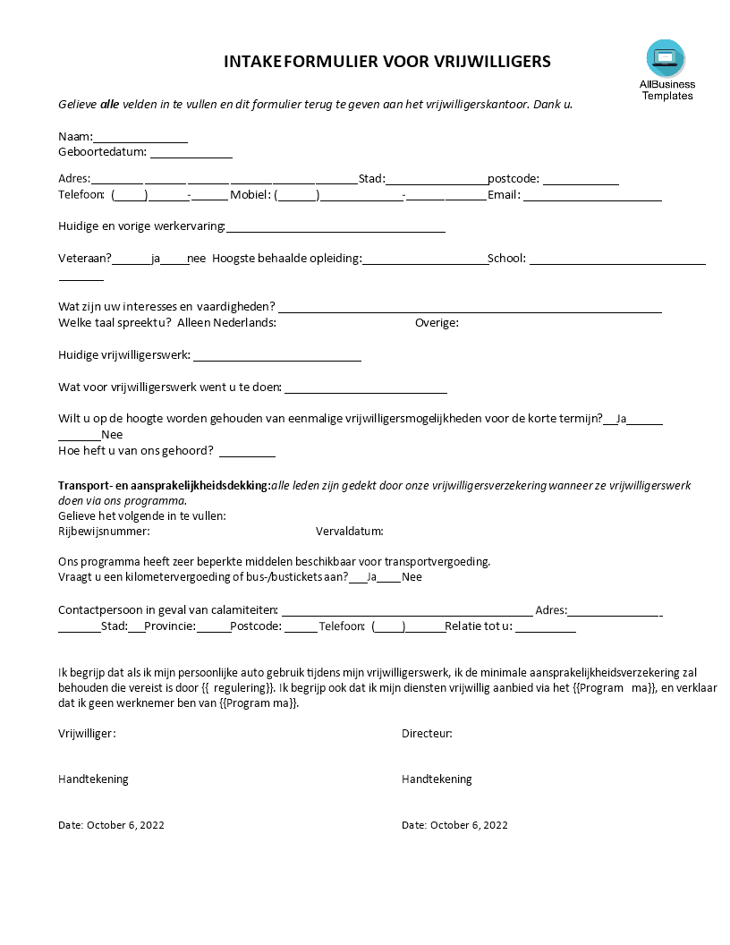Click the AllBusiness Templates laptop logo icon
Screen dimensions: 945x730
[666, 59]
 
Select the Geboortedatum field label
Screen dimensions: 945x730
[102, 152]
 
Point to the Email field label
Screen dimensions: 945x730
[504, 194]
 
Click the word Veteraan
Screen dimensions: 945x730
[85, 259]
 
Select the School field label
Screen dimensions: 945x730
[506, 259]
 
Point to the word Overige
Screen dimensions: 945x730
[437, 322]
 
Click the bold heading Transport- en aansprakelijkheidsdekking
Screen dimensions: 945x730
[164, 485]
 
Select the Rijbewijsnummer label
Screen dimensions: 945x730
[104, 532]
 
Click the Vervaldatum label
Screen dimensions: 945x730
[349, 532]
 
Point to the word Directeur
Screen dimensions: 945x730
[427, 734]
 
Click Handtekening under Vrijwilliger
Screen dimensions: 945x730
[93, 779]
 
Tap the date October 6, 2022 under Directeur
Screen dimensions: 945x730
[469, 825]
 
